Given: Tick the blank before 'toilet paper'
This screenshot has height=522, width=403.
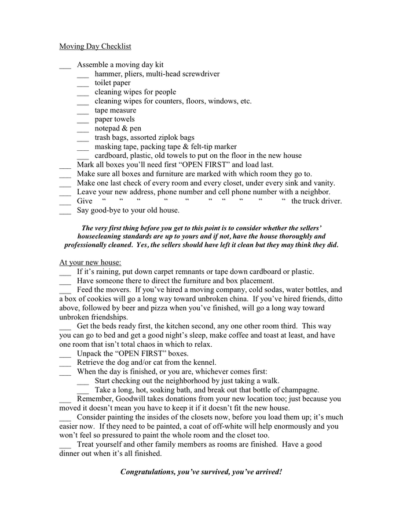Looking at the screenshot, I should tap(83, 84).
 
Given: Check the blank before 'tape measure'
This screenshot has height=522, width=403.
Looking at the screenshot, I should tap(83, 111).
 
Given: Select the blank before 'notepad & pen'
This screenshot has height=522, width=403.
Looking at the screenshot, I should tap(83, 129).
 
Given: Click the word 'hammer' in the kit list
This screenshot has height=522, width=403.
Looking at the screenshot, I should tap(108, 74).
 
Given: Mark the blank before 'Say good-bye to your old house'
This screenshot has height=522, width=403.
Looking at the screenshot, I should tap(65, 211).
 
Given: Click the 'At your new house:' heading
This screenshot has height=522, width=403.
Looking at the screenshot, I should tap(90, 262).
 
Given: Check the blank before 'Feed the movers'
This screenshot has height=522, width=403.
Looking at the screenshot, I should tap(65, 290).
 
